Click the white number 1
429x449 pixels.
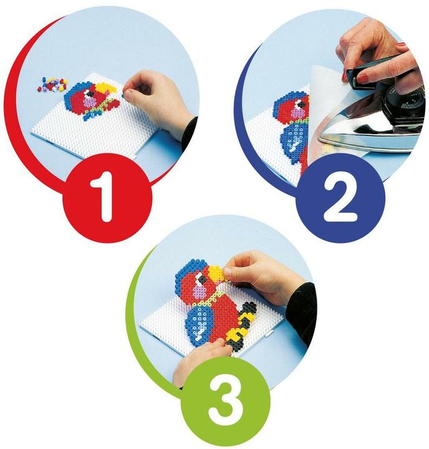105,194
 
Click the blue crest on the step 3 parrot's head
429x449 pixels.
187,268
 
